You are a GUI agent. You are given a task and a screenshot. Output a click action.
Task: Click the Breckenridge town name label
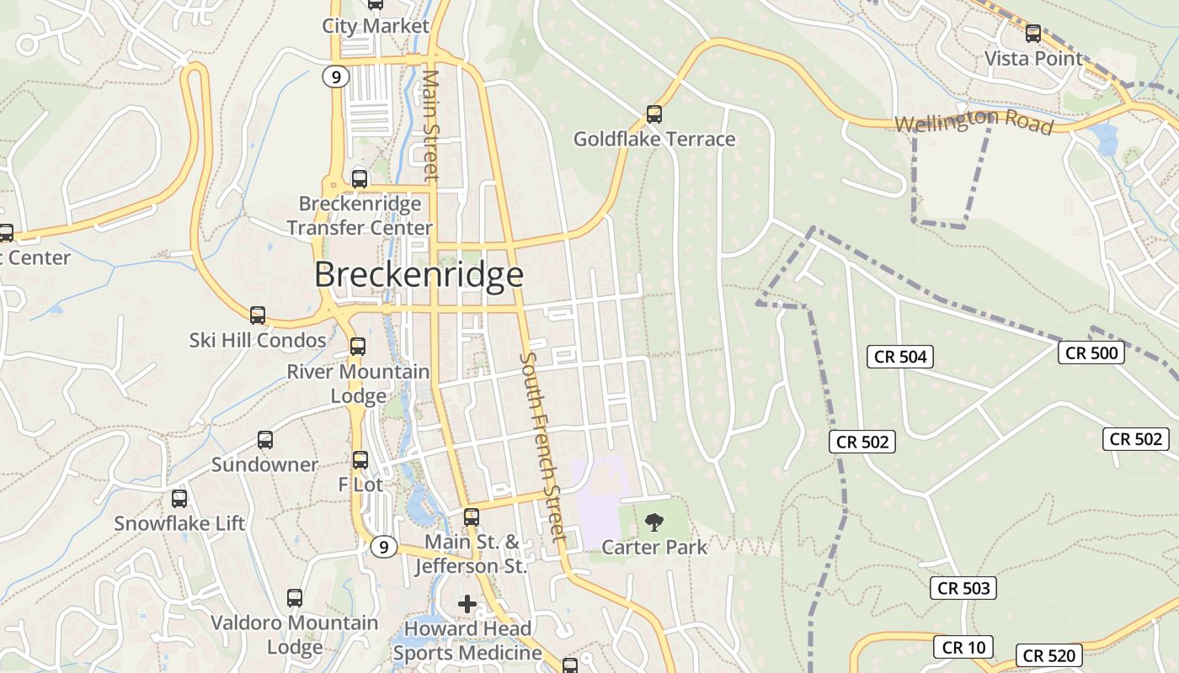[x=419, y=275]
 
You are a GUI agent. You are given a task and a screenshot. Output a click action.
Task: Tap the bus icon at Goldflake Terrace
[x=654, y=114]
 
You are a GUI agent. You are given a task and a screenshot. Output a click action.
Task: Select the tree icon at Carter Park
[x=654, y=522]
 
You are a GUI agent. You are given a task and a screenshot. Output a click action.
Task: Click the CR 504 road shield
[x=900, y=357]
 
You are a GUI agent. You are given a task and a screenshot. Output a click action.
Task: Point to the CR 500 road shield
[x=1091, y=352]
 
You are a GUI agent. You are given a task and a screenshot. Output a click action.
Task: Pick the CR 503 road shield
[x=963, y=588]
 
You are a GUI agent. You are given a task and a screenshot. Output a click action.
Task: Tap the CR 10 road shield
[x=963, y=647]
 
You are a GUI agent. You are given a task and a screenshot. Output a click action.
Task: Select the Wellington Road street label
[x=974, y=122]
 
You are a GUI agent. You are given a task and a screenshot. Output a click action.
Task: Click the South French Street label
[x=541, y=446]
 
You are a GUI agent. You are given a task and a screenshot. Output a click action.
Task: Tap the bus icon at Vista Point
[x=1032, y=34]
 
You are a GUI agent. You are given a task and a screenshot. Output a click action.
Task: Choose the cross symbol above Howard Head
[x=467, y=604]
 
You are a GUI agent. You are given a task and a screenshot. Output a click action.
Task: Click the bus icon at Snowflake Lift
[x=179, y=499]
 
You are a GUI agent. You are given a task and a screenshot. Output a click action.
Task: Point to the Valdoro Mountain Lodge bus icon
[x=294, y=598]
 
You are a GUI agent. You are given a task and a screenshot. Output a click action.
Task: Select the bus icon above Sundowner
[x=264, y=440]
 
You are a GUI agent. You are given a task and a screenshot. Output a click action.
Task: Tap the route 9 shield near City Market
[x=335, y=77]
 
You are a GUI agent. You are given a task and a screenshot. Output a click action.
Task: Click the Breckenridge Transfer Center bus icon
[x=360, y=178]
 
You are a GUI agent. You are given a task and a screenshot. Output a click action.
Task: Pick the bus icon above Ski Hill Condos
[x=258, y=315]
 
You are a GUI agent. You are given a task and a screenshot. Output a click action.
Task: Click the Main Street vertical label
[x=430, y=125]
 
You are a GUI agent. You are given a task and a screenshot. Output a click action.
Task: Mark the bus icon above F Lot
[x=360, y=460]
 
